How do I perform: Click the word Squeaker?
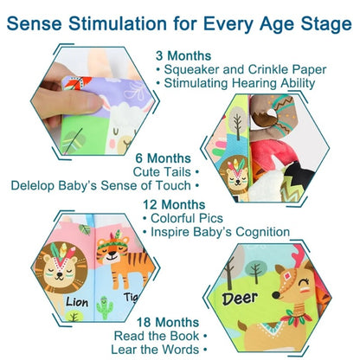(x=196, y=68)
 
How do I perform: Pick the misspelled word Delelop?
(x=39, y=184)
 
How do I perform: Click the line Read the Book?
(x=155, y=334)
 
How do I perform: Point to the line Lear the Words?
(x=154, y=350)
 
